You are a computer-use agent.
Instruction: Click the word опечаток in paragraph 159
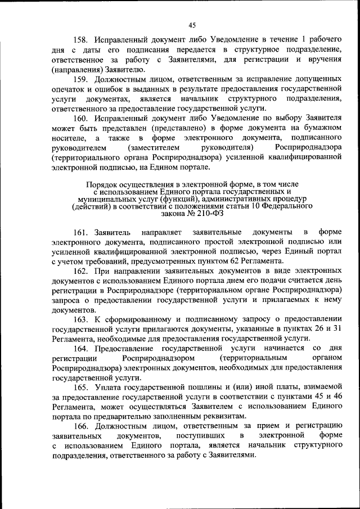(x=67, y=89)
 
